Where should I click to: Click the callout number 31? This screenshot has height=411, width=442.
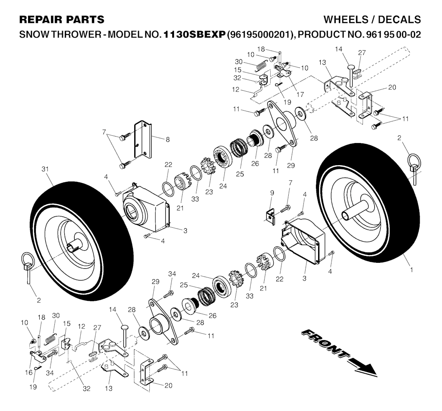coord(45,169)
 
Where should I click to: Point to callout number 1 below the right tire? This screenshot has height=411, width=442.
coord(411,270)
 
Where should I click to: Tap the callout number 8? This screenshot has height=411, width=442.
coord(168,140)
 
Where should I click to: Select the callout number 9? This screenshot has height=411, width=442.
coord(272,193)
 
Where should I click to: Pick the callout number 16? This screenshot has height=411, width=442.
coord(29,373)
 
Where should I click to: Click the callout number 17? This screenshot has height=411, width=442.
coord(300,94)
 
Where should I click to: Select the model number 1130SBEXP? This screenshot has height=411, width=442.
coord(195,35)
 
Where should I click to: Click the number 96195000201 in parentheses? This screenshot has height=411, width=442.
coord(259,35)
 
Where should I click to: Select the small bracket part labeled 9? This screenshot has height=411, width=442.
coord(270,217)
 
